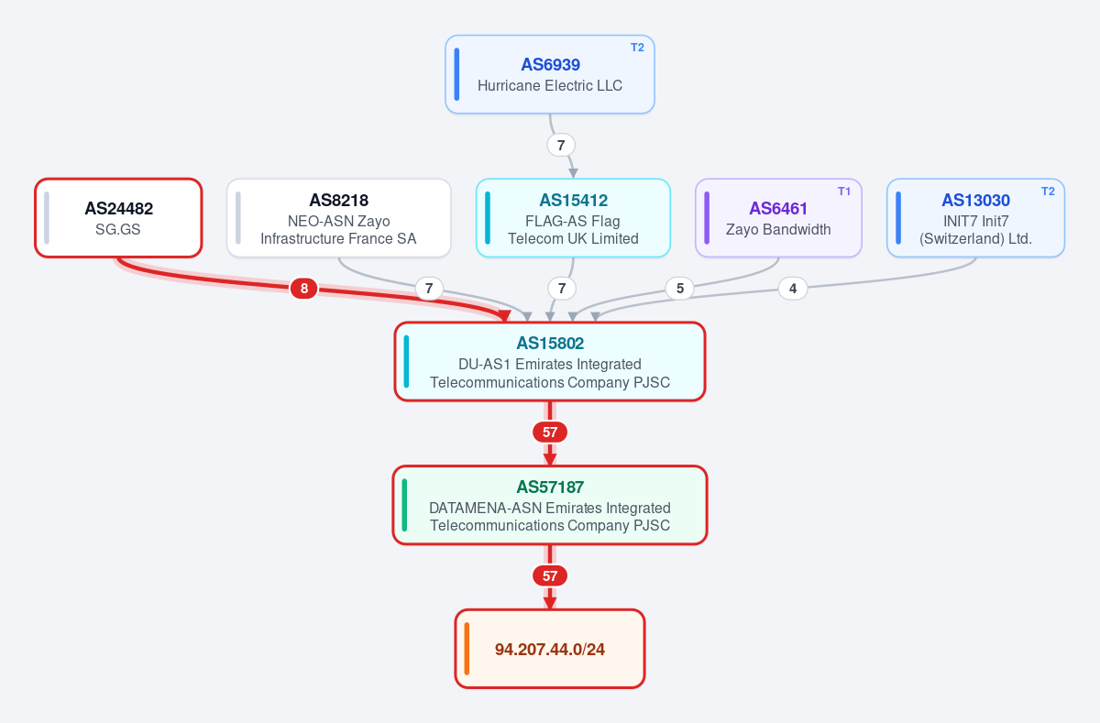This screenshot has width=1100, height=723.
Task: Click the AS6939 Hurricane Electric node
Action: click(x=550, y=74)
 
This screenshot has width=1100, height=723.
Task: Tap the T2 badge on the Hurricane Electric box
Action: click(x=637, y=48)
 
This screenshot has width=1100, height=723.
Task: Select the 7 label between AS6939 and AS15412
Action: click(x=561, y=146)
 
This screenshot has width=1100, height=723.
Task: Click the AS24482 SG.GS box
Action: click(x=118, y=218)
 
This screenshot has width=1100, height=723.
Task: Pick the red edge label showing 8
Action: click(x=304, y=288)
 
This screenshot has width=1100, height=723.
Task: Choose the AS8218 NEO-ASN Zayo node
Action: click(x=339, y=218)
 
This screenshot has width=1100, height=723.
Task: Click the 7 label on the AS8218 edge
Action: click(x=429, y=288)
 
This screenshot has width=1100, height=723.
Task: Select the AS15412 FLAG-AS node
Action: click(x=573, y=218)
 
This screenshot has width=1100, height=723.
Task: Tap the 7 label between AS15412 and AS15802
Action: click(x=562, y=288)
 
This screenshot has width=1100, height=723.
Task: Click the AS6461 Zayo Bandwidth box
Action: click(x=778, y=218)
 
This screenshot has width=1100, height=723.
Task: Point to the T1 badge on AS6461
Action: click(x=843, y=192)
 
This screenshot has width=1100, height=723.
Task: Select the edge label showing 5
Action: click(x=679, y=288)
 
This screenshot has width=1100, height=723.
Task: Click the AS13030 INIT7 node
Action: click(x=975, y=218)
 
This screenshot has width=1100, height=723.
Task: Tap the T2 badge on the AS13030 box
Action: click(x=1048, y=192)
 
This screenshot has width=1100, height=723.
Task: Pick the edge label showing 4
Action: click(x=793, y=288)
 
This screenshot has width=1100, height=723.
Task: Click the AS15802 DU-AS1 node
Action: click(x=550, y=362)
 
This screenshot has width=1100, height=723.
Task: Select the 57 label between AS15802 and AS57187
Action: click(x=550, y=432)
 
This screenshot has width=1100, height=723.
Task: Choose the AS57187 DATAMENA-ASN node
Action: click(x=550, y=505)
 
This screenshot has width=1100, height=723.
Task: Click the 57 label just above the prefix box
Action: click(x=550, y=575)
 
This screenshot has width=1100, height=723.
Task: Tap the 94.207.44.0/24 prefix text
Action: click(x=549, y=650)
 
